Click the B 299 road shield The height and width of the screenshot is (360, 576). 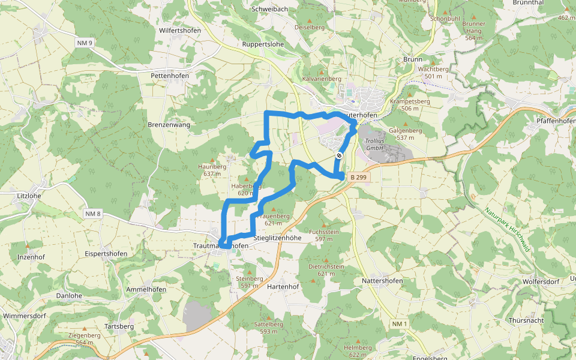click(358, 177)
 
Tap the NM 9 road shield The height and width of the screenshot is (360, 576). click(85, 43)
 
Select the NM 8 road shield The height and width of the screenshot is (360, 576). click(93, 214)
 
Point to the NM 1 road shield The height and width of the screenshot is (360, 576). click(400, 324)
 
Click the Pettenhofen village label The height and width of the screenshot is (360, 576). click(170, 76)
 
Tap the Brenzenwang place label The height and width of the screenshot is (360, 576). click(169, 125)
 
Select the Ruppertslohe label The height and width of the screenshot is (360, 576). click(263, 44)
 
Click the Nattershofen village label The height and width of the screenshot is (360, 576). click(382, 281)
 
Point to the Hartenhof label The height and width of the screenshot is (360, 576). click(283, 287)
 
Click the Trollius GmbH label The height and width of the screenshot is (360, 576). click(374, 144)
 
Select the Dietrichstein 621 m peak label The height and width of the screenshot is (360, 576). click(326, 269)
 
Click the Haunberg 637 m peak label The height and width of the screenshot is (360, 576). click(212, 170)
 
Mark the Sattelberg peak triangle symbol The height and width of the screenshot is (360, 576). click(269, 317)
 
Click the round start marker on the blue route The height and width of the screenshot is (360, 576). click(339, 156)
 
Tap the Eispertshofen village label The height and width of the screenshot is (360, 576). click(106, 254)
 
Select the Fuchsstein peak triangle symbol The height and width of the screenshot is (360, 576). click(325, 224)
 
